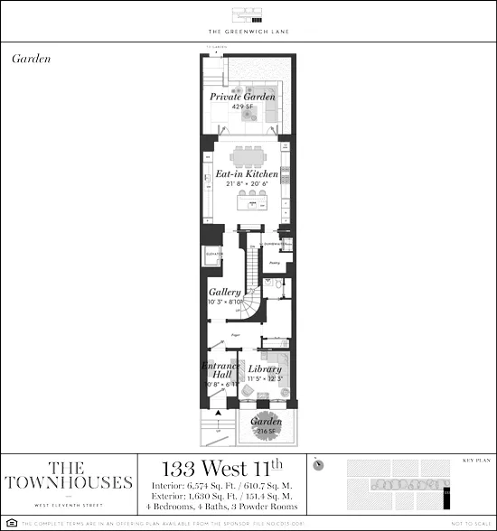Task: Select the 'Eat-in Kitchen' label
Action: coord(247,173)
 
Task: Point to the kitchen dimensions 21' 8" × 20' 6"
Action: coord(247,184)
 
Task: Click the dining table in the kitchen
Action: coord(248,155)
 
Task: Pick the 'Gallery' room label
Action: coord(224,293)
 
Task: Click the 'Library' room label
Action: coord(266,368)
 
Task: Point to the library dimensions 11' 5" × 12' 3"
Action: coord(266,379)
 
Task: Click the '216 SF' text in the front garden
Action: coord(266,432)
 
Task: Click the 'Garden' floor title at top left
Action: coord(32,58)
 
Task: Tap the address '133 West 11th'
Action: coord(221,469)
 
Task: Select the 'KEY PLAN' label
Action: coord(474,459)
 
